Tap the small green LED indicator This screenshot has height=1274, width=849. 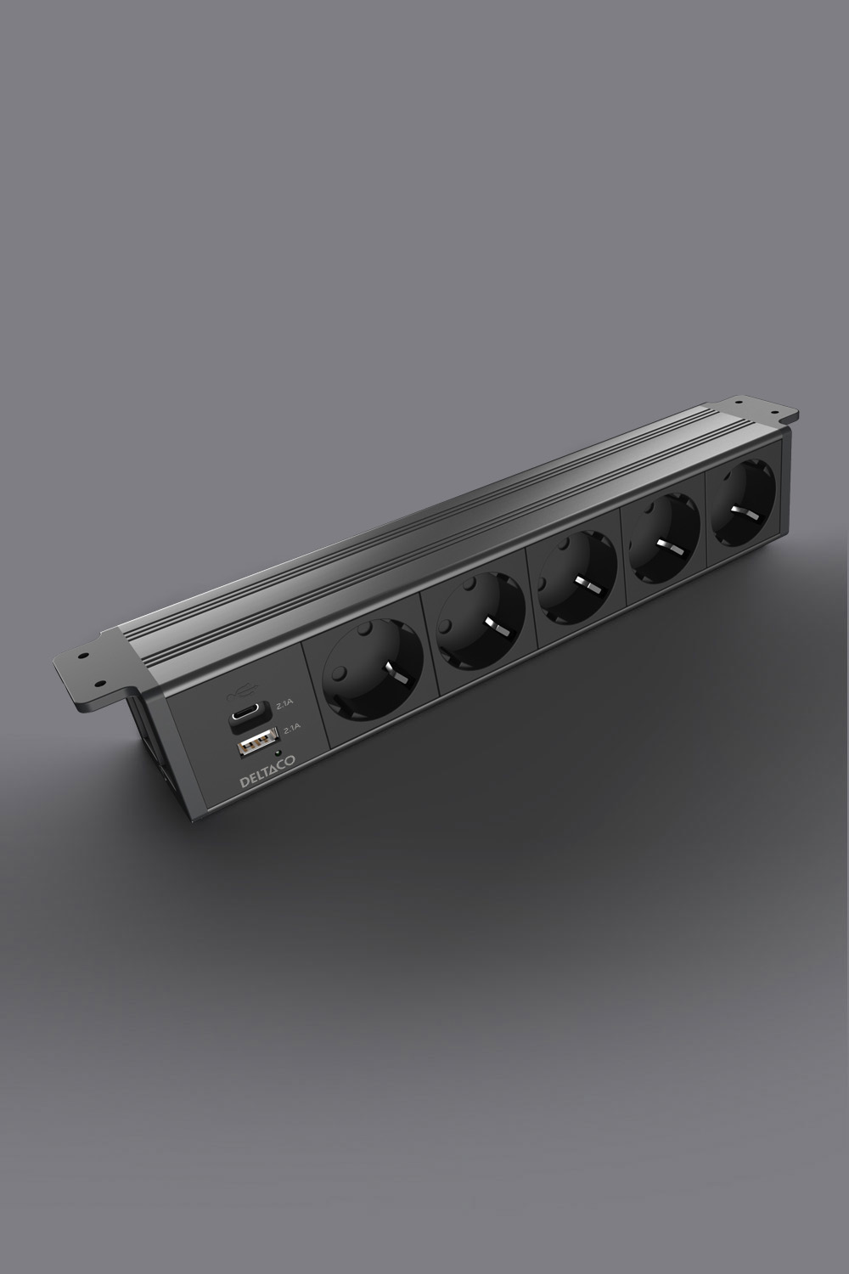point(277,753)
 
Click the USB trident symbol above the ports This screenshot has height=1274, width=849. point(242,694)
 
